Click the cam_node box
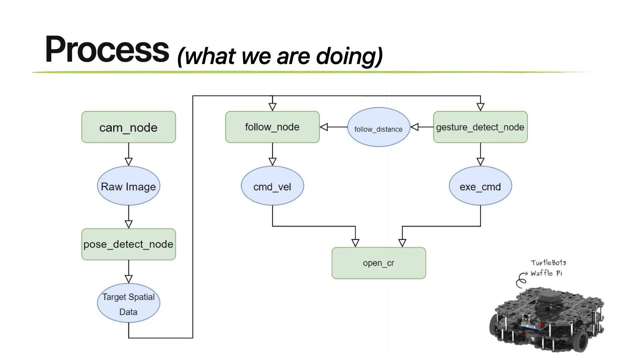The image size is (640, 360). pyautogui.click(x=129, y=127)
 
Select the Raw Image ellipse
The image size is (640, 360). pyautogui.click(x=129, y=186)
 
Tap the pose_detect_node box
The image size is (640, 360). pyautogui.click(x=129, y=244)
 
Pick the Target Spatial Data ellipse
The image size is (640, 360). pyautogui.click(x=129, y=303)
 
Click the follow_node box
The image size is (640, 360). pyautogui.click(x=272, y=127)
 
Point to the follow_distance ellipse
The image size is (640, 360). pyautogui.click(x=379, y=127)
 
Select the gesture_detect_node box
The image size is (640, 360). pyautogui.click(x=480, y=127)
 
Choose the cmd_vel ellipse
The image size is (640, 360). pyautogui.click(x=272, y=186)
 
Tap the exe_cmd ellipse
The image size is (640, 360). pyautogui.click(x=480, y=186)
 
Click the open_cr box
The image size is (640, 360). pyautogui.click(x=379, y=263)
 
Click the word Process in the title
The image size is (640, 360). pyautogui.click(x=107, y=49)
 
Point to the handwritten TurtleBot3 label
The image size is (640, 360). pyautogui.click(x=548, y=263)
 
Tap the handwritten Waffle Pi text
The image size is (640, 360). pyautogui.click(x=546, y=273)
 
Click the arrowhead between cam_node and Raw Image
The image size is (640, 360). pyautogui.click(x=129, y=162)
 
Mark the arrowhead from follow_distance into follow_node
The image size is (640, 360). pyautogui.click(x=324, y=127)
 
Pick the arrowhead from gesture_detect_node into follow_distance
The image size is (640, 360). pyautogui.click(x=414, y=127)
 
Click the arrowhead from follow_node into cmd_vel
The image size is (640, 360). pyautogui.click(x=272, y=162)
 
